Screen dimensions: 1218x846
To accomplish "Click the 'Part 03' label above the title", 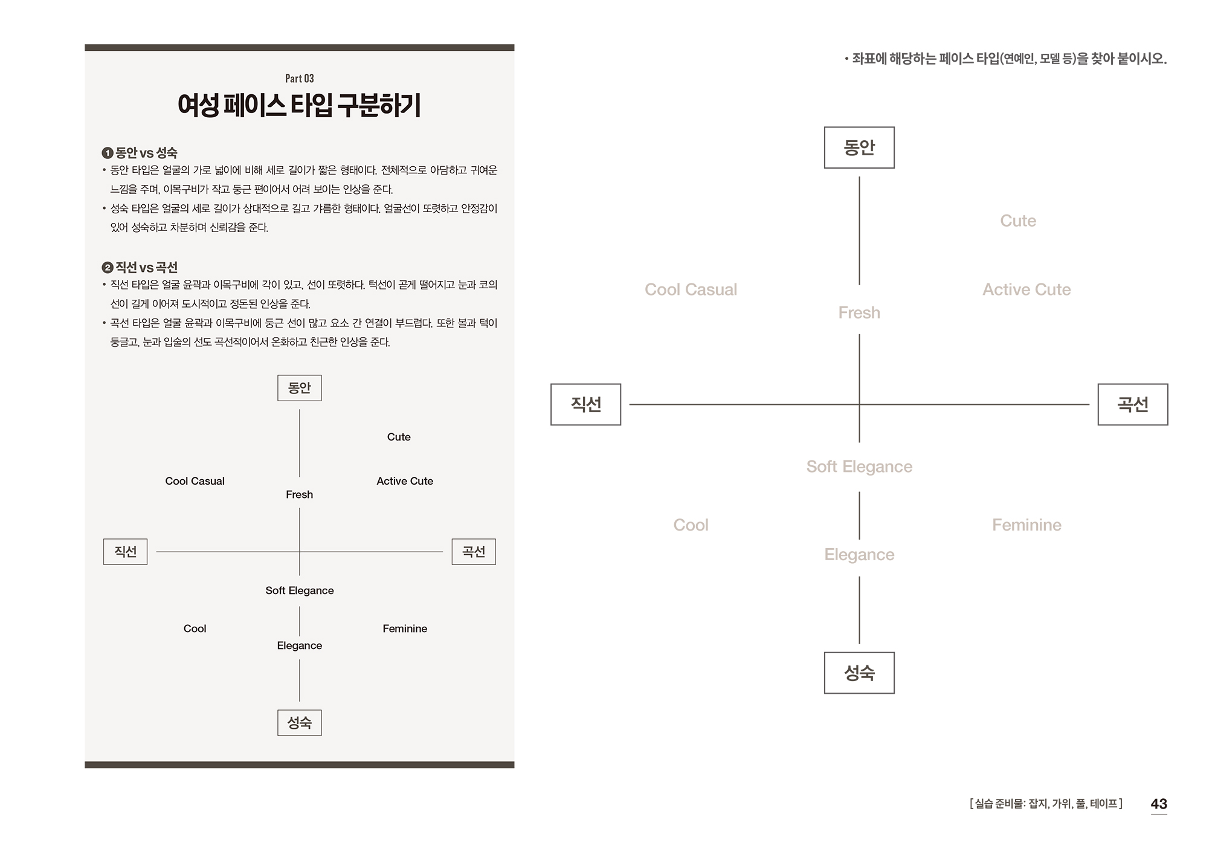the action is tap(299, 79).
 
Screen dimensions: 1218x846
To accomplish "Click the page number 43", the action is tap(1158, 804).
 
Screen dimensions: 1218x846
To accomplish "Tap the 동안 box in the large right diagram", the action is tap(859, 147).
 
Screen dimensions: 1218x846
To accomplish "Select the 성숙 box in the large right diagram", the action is tap(859, 673).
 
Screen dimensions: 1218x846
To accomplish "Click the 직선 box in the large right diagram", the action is tap(585, 404).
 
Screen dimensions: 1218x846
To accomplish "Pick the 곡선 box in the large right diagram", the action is tap(1132, 404).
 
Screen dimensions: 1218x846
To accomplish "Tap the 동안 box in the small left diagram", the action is tap(299, 388).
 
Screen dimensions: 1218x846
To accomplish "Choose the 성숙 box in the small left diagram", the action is tap(299, 723).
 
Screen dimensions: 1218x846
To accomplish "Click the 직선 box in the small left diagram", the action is tap(125, 552).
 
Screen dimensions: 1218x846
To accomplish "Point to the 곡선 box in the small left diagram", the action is tap(474, 552).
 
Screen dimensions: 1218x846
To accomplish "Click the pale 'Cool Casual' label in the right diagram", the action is tap(691, 290).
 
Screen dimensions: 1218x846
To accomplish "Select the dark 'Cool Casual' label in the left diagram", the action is tap(195, 481).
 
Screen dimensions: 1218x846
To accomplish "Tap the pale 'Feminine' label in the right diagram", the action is tap(1026, 525).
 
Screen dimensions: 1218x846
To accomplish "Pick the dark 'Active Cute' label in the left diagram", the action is tap(405, 481).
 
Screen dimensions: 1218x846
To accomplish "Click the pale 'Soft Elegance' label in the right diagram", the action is tap(859, 467).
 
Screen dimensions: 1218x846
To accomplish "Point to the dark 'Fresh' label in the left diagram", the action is tap(299, 494).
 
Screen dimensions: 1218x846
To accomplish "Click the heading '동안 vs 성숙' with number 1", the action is tap(140, 153).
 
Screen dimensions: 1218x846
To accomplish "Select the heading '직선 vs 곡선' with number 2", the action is tap(140, 267).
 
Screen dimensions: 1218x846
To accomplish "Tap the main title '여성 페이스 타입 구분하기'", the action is tap(299, 106).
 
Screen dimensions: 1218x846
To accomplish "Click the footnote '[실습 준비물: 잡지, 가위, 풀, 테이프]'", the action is tap(1046, 804).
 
